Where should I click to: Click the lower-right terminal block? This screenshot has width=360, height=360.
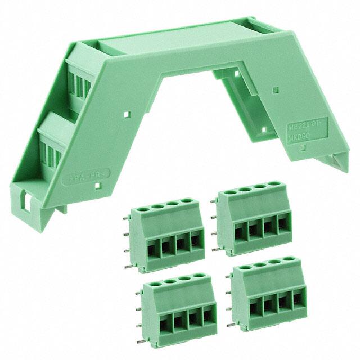[269, 295]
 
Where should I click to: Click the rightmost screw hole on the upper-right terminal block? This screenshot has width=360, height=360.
[274, 183]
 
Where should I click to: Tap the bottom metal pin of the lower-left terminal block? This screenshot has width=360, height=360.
[139, 325]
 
